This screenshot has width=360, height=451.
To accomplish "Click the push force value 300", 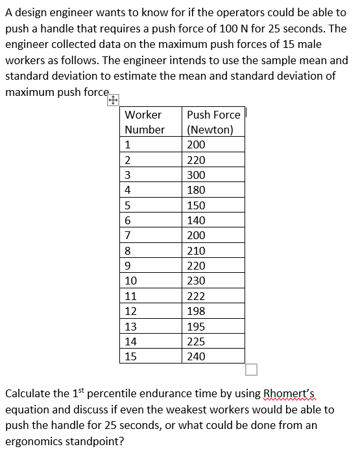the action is pos(196,175).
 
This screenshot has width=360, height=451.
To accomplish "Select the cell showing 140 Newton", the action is pos(196,220).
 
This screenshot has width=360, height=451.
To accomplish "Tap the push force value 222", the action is pos(196,296).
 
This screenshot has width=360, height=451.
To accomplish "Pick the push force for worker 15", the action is pos(196,356).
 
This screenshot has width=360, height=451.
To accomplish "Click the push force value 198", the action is pos(196,311).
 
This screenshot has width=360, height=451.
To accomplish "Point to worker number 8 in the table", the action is pos(128,251).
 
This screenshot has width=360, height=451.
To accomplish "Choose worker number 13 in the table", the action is pos(131,327).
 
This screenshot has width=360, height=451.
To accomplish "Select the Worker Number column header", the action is pos(144,122).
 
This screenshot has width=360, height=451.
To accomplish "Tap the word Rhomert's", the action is pos(289,393).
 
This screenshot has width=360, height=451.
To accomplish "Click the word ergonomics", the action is pos(37,441).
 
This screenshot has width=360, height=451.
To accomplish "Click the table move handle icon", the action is pos(112,100).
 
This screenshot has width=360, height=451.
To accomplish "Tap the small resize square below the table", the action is pos(251,370).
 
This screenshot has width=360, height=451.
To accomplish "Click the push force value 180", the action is pos(196,190).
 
